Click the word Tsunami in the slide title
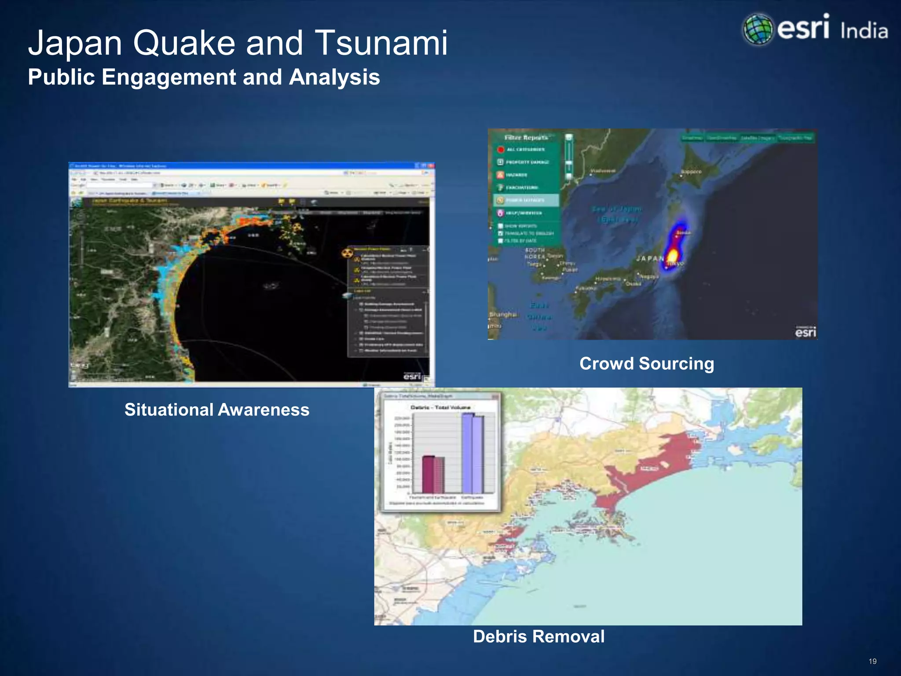pos(381,43)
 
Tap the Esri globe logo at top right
pos(758,29)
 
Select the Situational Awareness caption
pos(217,410)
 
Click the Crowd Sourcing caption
pos(647,364)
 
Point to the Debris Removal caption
pos(538,636)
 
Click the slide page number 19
pos(872,661)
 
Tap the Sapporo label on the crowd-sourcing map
pos(691,172)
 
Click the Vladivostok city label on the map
pos(603,171)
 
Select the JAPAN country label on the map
pos(650,259)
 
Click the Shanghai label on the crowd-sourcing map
pos(503,314)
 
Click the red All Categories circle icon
pos(500,150)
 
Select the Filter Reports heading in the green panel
pos(526,138)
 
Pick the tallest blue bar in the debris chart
pos(467,453)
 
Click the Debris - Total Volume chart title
pos(440,408)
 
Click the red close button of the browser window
pos(431,166)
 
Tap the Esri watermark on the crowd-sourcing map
pos(806,332)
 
